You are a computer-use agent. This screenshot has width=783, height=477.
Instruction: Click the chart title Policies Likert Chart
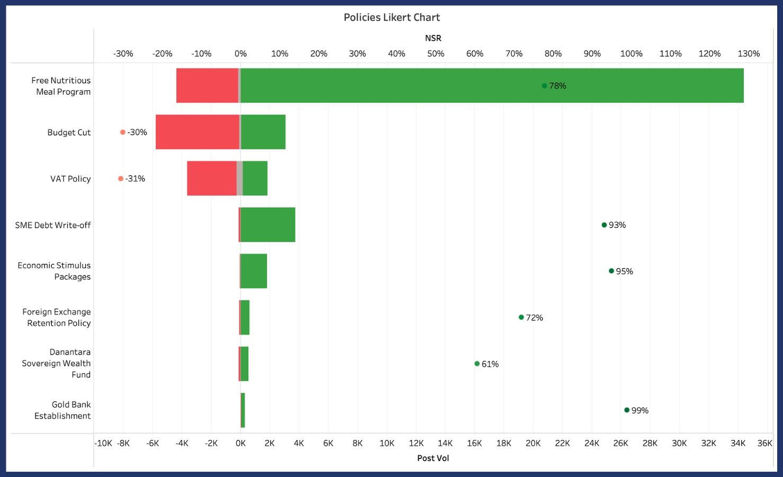tap(392, 17)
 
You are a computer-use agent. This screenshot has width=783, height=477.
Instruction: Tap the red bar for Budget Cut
tap(197, 132)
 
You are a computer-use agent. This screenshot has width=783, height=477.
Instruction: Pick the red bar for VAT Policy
tap(212, 179)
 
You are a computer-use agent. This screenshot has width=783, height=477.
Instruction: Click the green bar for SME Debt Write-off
tap(268, 225)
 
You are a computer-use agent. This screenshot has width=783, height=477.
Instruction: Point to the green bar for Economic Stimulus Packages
tap(254, 271)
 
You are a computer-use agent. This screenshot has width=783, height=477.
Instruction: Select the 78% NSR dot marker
tap(544, 86)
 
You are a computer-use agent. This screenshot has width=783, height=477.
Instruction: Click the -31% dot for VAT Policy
tap(121, 179)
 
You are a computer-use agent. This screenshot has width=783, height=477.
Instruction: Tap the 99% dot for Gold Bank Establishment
tap(627, 410)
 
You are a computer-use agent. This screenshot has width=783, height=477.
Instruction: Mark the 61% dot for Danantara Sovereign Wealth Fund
tap(477, 364)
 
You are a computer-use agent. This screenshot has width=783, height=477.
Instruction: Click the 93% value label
tap(617, 225)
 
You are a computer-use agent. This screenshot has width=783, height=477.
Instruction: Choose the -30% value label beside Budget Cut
tap(137, 132)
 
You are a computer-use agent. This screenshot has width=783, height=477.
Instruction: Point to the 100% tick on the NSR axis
tap(631, 54)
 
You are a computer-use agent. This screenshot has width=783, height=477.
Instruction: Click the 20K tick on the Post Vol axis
tap(533, 443)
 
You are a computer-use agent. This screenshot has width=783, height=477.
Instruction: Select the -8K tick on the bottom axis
tap(123, 443)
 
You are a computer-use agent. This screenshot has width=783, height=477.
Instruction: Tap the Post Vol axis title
tap(433, 458)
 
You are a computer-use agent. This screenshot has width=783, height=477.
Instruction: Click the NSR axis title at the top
tap(433, 38)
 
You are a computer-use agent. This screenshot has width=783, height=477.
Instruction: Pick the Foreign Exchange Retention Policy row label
tap(56, 317)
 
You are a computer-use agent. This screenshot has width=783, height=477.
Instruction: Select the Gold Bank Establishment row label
tap(62, 410)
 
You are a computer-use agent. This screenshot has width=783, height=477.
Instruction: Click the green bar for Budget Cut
tap(263, 132)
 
